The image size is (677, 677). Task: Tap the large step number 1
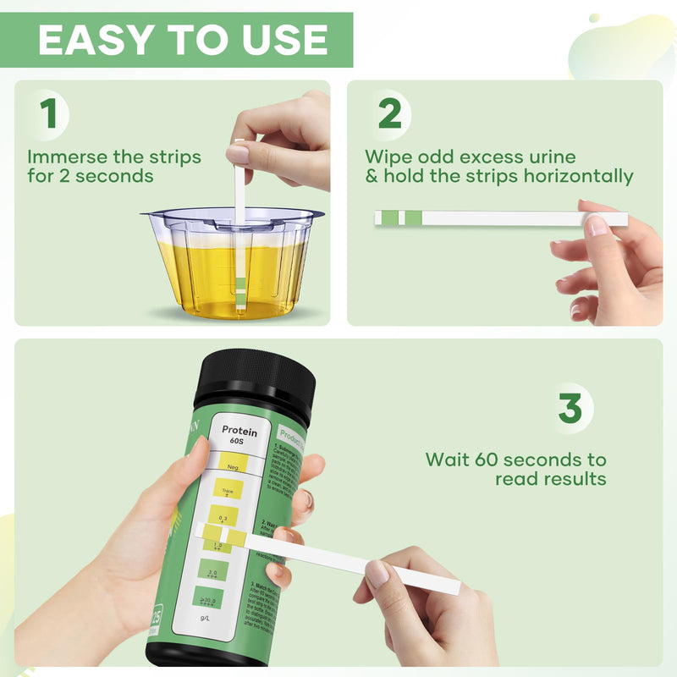tap(50, 114)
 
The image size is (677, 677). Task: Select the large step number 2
tap(389, 114)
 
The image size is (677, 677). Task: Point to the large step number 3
tap(570, 409)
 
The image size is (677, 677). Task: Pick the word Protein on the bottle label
tap(239, 431)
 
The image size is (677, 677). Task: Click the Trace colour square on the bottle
tap(226, 488)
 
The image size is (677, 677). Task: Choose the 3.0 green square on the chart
tap(213, 569)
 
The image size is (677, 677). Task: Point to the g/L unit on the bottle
tap(204, 619)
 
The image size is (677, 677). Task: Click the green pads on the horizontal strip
tap(401, 218)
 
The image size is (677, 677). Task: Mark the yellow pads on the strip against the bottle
tap(227, 535)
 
